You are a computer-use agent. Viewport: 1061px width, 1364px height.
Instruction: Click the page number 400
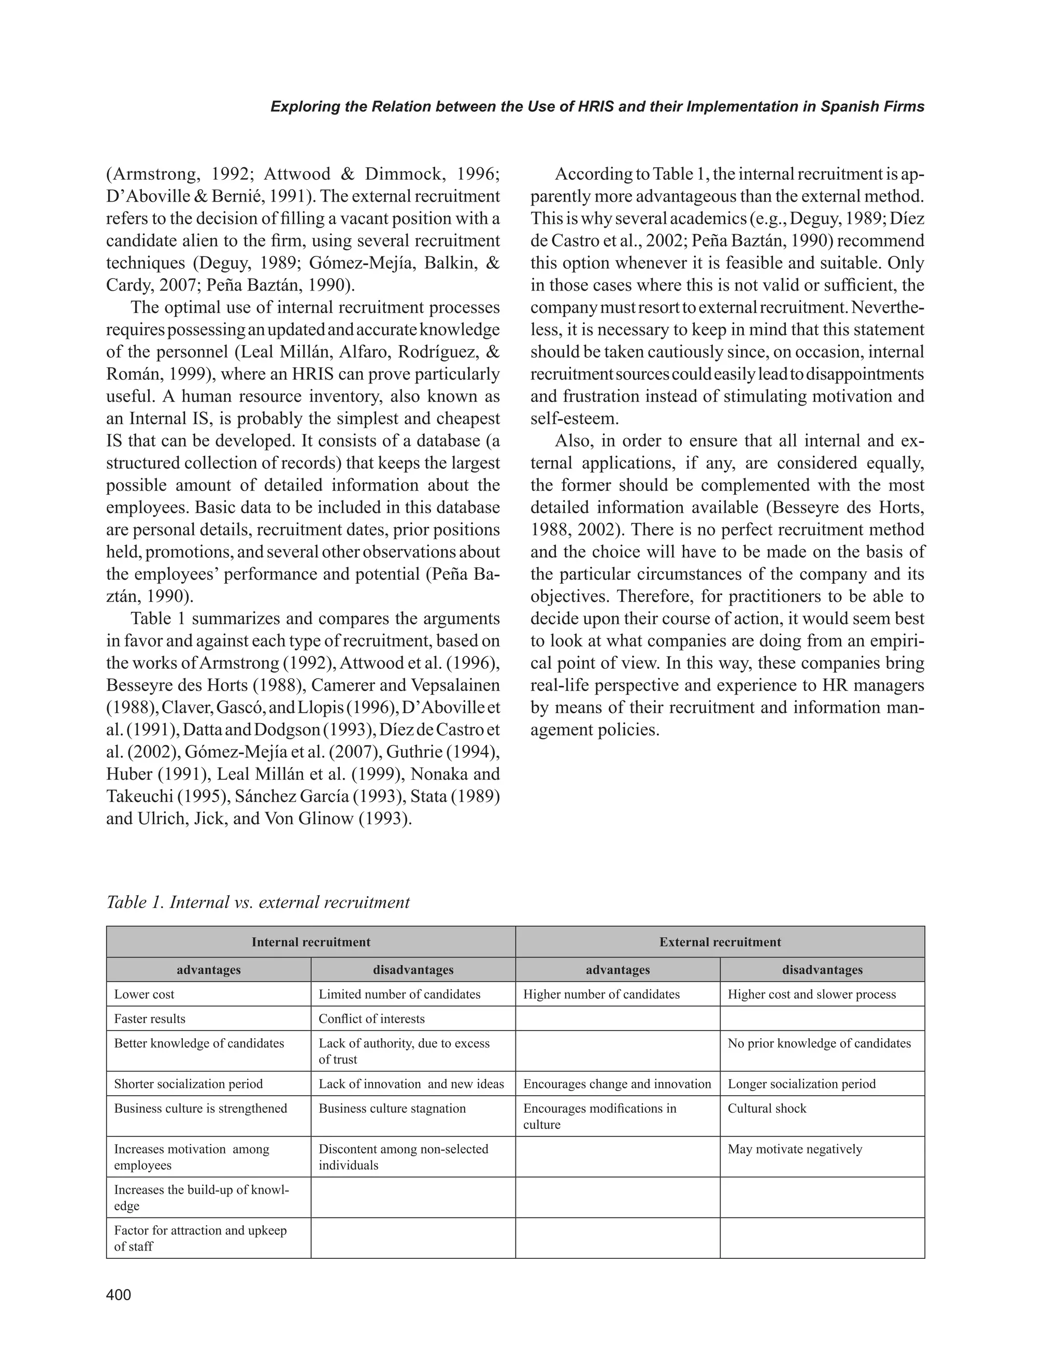(119, 1295)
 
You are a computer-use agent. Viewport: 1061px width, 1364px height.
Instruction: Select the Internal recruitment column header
(310, 942)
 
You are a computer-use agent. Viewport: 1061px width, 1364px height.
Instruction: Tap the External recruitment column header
(720, 942)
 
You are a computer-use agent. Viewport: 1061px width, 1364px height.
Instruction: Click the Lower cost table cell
(144, 994)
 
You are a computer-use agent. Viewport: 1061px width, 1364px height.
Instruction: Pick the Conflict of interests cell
(371, 1018)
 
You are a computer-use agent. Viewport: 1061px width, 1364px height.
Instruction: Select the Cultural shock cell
(767, 1108)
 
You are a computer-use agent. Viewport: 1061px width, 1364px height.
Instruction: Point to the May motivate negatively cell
(794, 1149)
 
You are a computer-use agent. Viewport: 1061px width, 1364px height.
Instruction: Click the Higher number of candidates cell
(601, 994)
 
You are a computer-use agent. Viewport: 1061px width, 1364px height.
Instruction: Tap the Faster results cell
(150, 1018)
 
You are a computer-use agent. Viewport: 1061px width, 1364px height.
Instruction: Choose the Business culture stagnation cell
(392, 1108)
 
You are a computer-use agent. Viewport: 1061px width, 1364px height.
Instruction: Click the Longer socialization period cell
(801, 1084)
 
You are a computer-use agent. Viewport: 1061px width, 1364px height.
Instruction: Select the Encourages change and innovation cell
(617, 1084)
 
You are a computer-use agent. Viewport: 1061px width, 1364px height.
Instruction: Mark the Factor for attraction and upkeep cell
(200, 1238)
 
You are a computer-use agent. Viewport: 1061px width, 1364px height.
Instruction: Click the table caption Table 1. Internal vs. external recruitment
(258, 902)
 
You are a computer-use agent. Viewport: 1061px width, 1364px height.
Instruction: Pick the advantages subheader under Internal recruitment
(209, 970)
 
